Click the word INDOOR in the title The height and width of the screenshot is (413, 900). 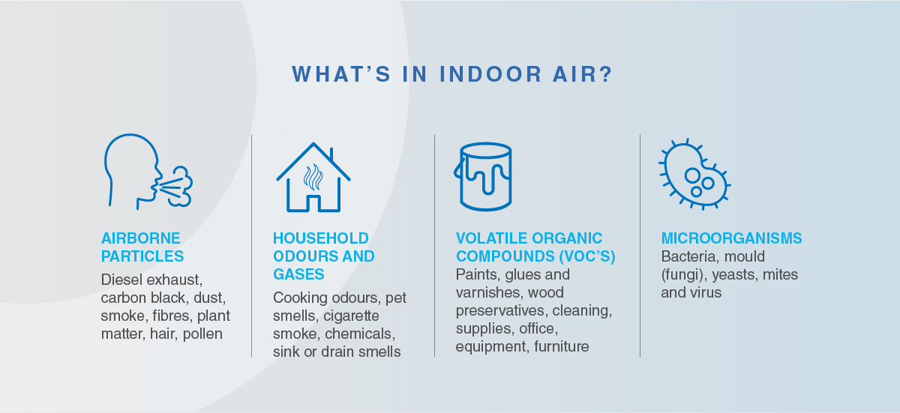tap(490, 74)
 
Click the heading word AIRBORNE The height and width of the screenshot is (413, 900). tap(141, 238)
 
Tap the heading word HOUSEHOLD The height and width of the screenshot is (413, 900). tap(321, 238)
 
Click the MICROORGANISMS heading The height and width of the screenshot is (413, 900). tap(732, 238)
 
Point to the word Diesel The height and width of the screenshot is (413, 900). tap(121, 280)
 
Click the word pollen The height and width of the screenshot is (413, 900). tap(202, 334)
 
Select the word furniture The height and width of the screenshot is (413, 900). tap(561, 346)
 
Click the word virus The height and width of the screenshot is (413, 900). tap(706, 292)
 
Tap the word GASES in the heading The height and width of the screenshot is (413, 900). tap(298, 274)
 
